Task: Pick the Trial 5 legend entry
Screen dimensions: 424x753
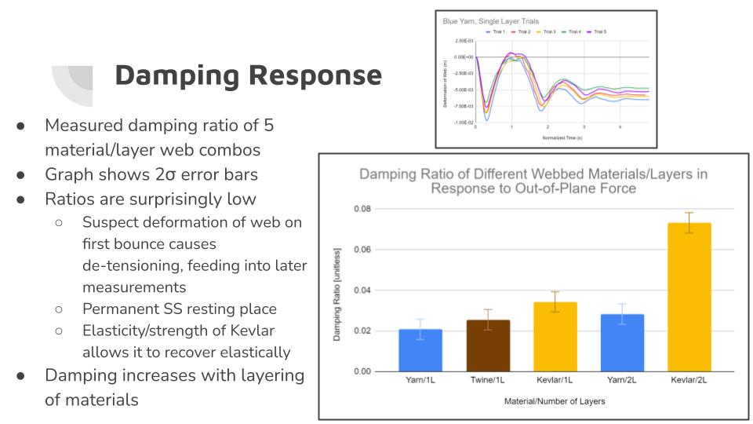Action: point(598,32)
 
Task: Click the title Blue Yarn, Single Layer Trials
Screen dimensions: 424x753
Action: point(489,21)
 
